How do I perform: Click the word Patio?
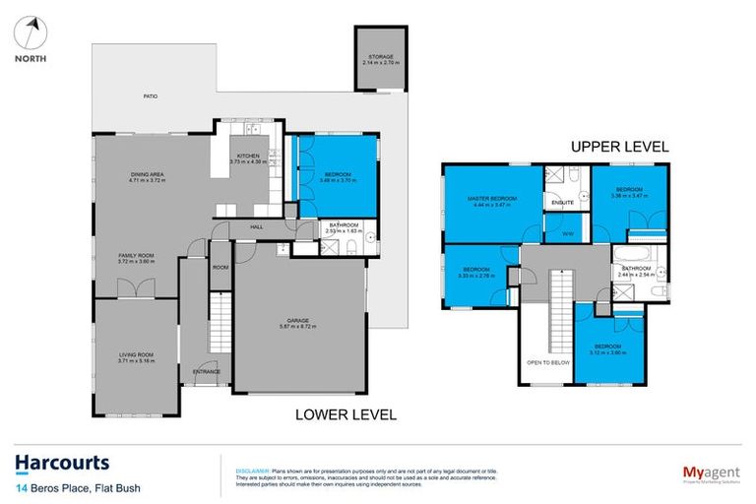pyautogui.click(x=150, y=96)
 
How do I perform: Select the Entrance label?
pyautogui.click(x=206, y=371)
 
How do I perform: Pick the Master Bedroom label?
pyautogui.click(x=491, y=200)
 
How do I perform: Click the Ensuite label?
pyautogui.click(x=562, y=203)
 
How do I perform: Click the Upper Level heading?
pyautogui.click(x=620, y=146)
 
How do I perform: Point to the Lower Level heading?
pyautogui.click(x=346, y=414)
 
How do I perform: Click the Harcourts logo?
pyautogui.click(x=62, y=463)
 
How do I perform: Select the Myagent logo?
pyautogui.click(x=703, y=471)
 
